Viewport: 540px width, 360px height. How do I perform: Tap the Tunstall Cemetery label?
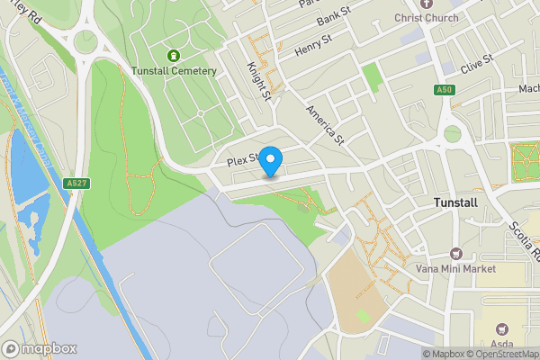(x=174, y=71)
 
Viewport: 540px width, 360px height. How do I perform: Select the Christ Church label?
(x=427, y=18)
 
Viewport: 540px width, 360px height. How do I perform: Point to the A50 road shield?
(x=443, y=90)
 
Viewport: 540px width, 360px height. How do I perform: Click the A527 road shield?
(x=76, y=184)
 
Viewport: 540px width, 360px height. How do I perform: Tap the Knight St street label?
(x=260, y=80)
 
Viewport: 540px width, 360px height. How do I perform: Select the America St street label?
(x=325, y=123)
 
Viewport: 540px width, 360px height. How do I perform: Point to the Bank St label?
(x=333, y=15)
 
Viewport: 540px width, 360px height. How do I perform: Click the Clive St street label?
(x=477, y=64)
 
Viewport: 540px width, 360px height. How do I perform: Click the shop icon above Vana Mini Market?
(x=454, y=254)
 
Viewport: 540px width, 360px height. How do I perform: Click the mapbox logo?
(x=40, y=348)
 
